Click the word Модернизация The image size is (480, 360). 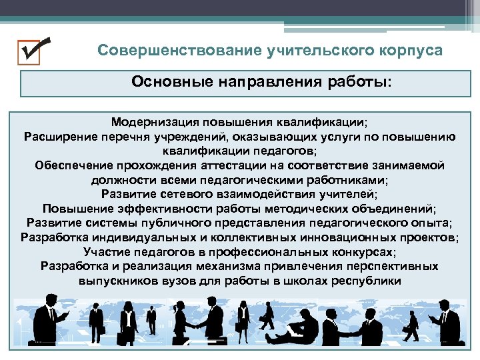point(151,123)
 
